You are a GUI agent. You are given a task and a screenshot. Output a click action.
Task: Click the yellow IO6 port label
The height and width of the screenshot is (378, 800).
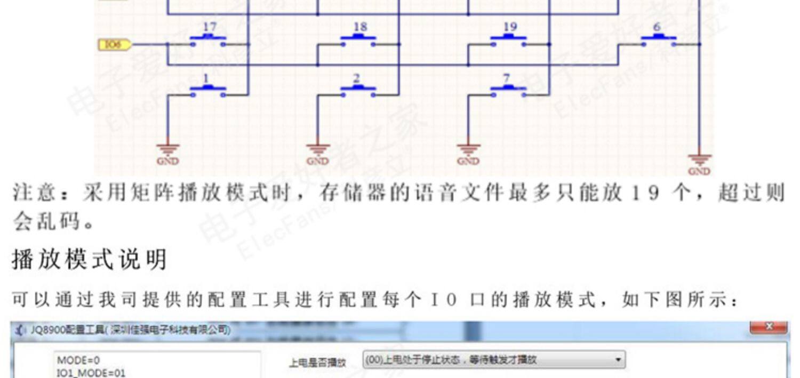point(114,45)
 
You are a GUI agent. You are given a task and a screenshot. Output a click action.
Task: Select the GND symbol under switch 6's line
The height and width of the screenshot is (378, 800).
point(699,163)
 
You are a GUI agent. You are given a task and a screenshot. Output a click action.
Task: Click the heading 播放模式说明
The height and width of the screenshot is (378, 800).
point(89,260)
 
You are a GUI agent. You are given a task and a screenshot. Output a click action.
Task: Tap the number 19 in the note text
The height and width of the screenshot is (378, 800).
point(642,193)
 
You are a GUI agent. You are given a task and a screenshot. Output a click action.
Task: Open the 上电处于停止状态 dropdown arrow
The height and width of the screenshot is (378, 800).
point(618,360)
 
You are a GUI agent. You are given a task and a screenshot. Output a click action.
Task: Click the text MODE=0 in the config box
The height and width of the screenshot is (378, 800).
point(78,361)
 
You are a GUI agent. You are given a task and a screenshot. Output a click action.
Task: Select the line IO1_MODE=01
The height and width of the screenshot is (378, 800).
point(91,373)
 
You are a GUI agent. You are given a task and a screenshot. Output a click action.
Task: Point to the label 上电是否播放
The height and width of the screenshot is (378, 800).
point(317,363)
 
